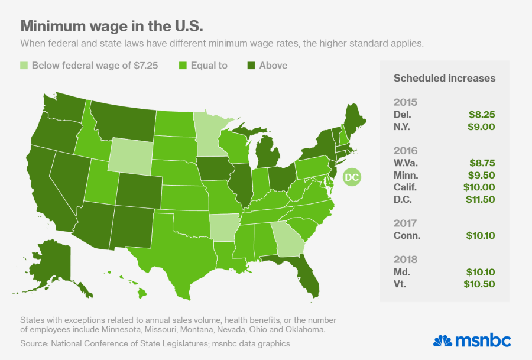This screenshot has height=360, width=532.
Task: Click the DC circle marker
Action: coord(351,176)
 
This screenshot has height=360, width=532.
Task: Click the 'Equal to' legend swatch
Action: coord(183,66)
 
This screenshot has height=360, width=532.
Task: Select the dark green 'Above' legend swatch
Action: coord(251,66)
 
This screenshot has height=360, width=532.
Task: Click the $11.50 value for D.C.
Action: coord(479,199)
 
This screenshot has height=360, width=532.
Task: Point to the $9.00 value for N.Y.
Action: coord(482,127)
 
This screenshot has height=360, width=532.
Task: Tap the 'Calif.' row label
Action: coord(406,187)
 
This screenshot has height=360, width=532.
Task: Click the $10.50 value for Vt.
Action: coord(479,284)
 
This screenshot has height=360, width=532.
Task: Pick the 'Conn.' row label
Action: coord(407,235)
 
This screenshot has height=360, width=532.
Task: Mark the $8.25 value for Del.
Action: coord(482,115)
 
